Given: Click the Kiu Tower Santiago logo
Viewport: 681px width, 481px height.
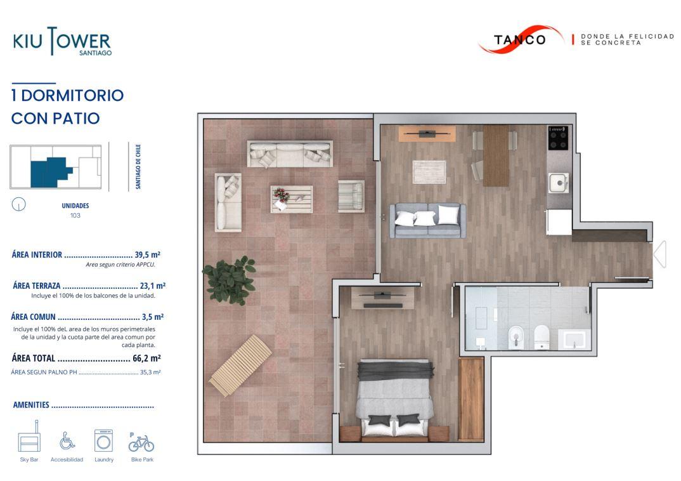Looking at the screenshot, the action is [62, 41].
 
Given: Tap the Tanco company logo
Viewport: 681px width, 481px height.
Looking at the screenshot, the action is [521, 39].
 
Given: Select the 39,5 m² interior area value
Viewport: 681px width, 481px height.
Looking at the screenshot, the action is [147, 254].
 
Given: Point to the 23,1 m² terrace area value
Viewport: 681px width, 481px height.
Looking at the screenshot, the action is [152, 286].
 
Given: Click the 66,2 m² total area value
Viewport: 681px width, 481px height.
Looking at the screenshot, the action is [146, 359].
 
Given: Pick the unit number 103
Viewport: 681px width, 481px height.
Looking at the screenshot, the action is [75, 216].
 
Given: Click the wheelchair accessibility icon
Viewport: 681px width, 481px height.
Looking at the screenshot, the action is [67, 440].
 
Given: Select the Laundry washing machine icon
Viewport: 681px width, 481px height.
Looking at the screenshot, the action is [104, 440].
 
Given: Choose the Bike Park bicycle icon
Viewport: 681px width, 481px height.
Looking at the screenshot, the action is [141, 442].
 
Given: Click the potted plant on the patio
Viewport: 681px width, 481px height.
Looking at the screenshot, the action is [230, 280].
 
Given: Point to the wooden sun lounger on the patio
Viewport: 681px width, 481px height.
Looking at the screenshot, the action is [240, 366].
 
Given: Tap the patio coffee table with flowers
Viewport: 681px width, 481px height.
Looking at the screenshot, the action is [292, 199].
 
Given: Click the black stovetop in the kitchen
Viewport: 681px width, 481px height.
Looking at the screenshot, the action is [558, 138].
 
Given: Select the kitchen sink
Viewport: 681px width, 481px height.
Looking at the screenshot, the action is [559, 183].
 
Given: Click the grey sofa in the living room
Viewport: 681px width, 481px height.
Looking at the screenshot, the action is [428, 220].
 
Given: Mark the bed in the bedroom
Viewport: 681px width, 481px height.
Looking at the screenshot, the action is [395, 397].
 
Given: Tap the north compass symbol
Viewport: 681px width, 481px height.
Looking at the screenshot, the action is [18, 204].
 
